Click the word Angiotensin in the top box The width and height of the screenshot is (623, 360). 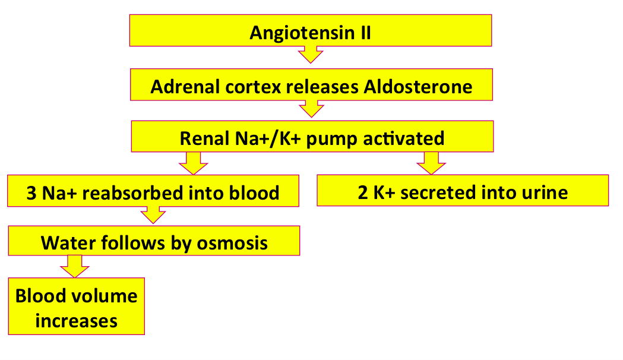click(x=302, y=33)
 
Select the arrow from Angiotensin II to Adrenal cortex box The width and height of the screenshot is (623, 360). click(x=310, y=55)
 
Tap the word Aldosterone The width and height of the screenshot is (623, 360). click(x=418, y=87)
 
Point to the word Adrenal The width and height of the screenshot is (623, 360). click(x=185, y=87)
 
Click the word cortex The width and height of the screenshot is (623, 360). click(x=254, y=87)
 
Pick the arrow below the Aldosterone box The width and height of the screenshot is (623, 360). click(x=311, y=109)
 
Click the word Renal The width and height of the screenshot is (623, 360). click(x=205, y=138)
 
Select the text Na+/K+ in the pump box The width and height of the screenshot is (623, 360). click(x=268, y=138)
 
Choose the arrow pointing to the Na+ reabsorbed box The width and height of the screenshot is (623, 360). click(x=194, y=163)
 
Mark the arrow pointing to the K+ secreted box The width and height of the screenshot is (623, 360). click(x=431, y=163)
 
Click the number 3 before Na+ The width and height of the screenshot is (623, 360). click(x=31, y=194)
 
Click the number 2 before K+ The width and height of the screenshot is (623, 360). click(x=363, y=193)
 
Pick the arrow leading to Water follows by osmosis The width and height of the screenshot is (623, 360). click(x=153, y=215)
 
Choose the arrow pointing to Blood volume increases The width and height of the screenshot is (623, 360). click(x=75, y=266)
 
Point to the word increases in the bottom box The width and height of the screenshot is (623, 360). click(x=76, y=321)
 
